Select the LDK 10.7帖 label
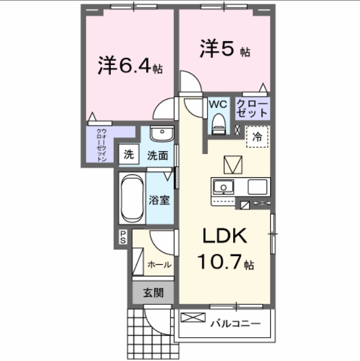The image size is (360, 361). click(224, 249)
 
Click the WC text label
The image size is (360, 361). click(218, 104)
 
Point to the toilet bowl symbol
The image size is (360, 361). click(219, 122)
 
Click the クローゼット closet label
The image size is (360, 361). click(252, 108)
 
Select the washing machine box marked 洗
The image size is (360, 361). click(129, 155)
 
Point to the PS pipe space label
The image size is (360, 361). click(123, 237)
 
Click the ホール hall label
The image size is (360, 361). click(159, 265)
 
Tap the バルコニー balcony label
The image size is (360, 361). click(235, 323)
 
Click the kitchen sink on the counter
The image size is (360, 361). click(223, 187)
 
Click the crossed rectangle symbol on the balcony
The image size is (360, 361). click(193, 318)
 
